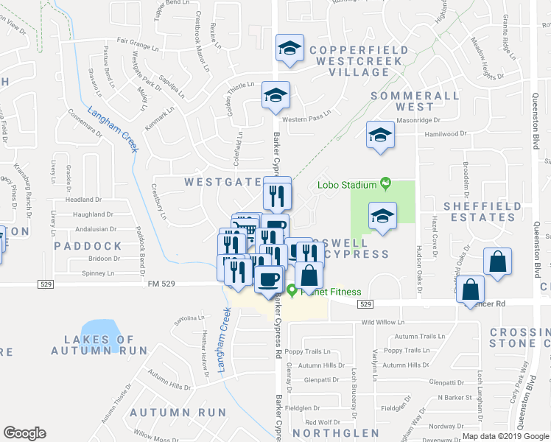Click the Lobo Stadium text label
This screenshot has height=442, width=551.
coord(347,184)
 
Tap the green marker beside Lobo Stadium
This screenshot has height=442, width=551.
coord(384,184)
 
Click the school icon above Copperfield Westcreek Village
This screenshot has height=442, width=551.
coord(289,49)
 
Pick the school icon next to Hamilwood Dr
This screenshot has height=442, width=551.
coord(380,135)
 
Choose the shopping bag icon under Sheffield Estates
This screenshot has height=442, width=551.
coord(498,262)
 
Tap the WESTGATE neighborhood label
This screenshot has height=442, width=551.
coord(222,181)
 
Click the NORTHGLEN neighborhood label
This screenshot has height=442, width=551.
coord(335,433)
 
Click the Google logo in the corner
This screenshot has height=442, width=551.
coord(24,432)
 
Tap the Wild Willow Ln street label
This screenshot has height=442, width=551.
coord(382,322)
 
